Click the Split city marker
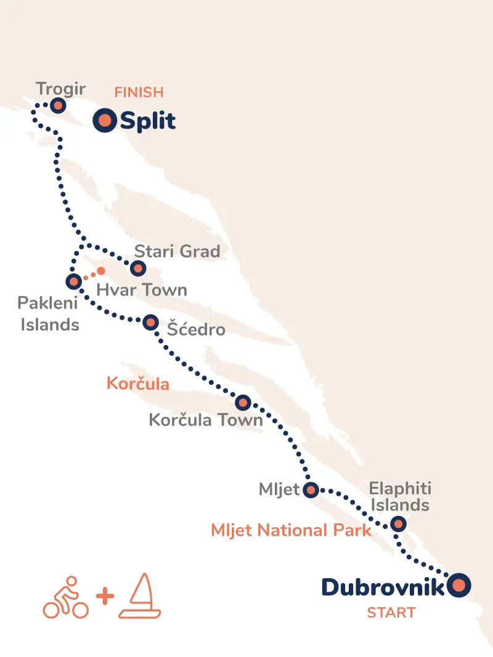pyautogui.click(x=105, y=121)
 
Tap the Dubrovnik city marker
pyautogui.click(x=458, y=586)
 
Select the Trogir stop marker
pyautogui.click(x=58, y=105)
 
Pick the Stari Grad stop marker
pyautogui.click(x=138, y=268)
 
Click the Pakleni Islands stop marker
pyautogui.click(x=73, y=282)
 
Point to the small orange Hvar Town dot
pyautogui.click(x=101, y=271)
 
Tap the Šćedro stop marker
pyautogui.click(x=150, y=323)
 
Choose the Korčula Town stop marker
pyautogui.click(x=243, y=403)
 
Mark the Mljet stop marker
pyautogui.click(x=311, y=490)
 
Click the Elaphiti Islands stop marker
pyautogui.click(x=399, y=525)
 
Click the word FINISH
pyautogui.click(x=139, y=93)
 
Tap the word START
pyautogui.click(x=391, y=613)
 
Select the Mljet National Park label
pyautogui.click(x=291, y=530)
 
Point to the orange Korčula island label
pyautogui.click(x=138, y=384)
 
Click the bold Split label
pyautogui.click(x=148, y=121)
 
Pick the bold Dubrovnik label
pyautogui.click(x=383, y=587)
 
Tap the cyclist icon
pyautogui.click(x=65, y=597)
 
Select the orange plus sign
pyautogui.click(x=105, y=597)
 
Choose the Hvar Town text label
pyautogui.click(x=142, y=290)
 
